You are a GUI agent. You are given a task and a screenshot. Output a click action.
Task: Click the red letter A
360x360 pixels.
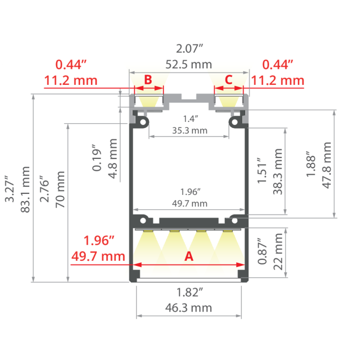[189, 256]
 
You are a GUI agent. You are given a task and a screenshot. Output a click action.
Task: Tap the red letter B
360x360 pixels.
[148, 80]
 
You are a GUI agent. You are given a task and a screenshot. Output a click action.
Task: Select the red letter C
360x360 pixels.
[229, 80]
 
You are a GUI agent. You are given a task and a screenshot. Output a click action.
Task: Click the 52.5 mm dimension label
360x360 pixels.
[189, 64]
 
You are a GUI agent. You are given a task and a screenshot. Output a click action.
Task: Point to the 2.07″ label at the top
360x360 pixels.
[189, 49]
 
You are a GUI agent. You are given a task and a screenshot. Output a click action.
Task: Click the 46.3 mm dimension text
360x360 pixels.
[189, 308]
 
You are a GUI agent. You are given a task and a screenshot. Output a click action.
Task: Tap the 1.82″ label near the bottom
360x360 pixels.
[189, 293]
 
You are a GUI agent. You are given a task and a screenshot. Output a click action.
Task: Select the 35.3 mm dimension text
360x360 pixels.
[190, 131]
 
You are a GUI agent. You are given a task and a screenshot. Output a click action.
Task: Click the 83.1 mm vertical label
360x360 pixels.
[25, 190]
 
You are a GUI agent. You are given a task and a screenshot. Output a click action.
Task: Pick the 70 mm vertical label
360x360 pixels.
[60, 190]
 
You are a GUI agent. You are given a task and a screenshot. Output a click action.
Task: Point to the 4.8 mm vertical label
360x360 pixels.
[113, 158]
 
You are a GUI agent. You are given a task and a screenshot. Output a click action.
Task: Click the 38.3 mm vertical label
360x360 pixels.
[278, 171]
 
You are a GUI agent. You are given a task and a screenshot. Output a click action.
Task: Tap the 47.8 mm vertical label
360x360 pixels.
[327, 165]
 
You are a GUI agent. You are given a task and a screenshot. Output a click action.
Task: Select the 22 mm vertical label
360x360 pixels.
[278, 251]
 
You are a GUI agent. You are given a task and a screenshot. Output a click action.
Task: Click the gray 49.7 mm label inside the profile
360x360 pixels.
[190, 204]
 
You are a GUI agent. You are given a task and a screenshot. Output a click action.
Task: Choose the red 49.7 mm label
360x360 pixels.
[98, 256]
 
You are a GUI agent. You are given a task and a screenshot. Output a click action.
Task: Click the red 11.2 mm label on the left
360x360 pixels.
[71, 81]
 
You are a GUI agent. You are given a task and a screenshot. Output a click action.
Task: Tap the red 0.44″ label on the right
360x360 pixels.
[278, 64]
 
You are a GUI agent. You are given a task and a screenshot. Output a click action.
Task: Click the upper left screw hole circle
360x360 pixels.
[143, 122]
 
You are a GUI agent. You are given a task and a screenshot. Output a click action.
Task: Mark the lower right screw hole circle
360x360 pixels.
[235, 221]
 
